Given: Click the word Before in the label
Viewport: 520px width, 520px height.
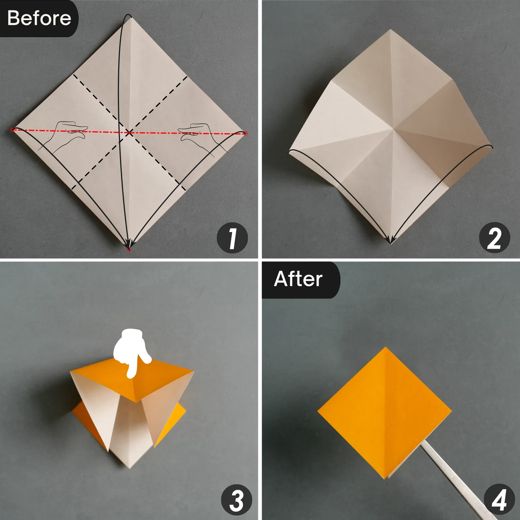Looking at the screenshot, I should tap(39, 18).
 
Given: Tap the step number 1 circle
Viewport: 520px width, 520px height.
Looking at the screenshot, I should tap(232, 238).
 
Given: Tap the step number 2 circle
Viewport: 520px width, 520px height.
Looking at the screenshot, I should tap(494, 238).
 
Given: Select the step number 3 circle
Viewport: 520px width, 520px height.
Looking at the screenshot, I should tap(237, 500).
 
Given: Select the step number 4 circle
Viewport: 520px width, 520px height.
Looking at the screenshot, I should tap(499, 500).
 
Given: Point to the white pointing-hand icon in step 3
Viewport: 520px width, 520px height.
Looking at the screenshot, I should tap(131, 350).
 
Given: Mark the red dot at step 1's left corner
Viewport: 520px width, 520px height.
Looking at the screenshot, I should tap(12, 130).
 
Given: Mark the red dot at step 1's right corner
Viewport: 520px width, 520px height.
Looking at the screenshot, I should tap(246, 133).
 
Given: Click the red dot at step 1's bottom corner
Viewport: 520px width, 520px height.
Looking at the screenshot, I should tap(129, 249).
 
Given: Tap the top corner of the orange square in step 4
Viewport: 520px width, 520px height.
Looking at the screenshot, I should tap(385, 347).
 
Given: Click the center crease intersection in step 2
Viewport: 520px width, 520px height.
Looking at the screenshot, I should tap(393, 130).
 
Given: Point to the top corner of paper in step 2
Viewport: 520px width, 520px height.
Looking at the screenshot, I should tap(390, 30).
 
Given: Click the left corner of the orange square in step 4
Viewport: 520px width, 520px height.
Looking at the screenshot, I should tap(318, 411).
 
